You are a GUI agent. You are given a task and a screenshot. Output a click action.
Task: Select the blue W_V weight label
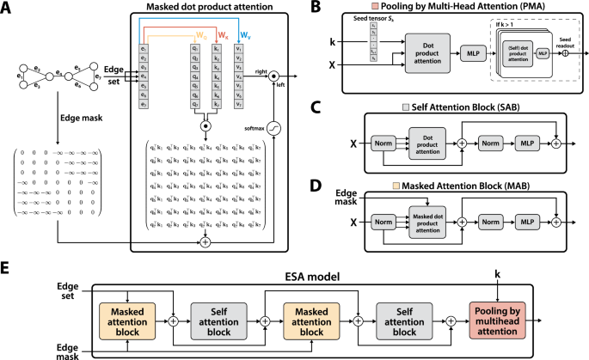[245, 36]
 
